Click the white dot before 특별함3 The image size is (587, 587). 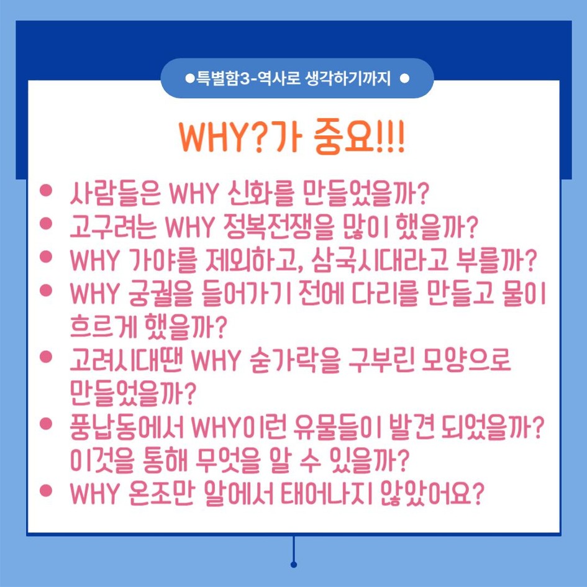189,79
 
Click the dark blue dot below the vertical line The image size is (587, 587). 293,565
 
